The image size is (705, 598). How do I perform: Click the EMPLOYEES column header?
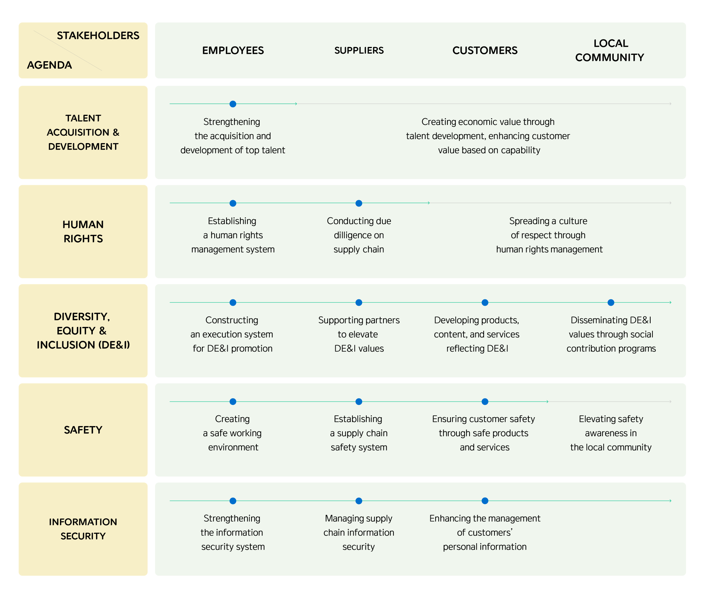pyautogui.click(x=233, y=50)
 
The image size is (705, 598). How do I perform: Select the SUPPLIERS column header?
pyautogui.click(x=359, y=50)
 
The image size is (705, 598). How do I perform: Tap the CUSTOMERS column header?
pyautogui.click(x=485, y=50)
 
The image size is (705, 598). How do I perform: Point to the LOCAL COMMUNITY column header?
pyautogui.click(x=610, y=50)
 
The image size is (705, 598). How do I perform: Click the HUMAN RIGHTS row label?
pyautogui.click(x=83, y=232)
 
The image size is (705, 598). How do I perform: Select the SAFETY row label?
pyautogui.click(x=83, y=430)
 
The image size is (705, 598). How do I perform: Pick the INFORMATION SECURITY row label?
pyautogui.click(x=83, y=529)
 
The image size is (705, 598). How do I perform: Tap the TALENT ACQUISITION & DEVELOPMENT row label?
pyautogui.click(x=83, y=132)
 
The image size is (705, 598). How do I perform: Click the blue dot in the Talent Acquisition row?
pyautogui.click(x=233, y=104)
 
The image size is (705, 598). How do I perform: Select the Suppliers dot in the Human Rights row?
pyautogui.click(x=359, y=203)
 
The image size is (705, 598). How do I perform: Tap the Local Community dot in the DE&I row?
pyautogui.click(x=611, y=302)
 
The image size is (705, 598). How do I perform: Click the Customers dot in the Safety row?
pyautogui.click(x=485, y=402)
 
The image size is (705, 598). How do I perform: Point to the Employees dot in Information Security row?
pyautogui.click(x=233, y=501)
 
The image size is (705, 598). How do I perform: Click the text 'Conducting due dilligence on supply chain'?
pyautogui.click(x=359, y=235)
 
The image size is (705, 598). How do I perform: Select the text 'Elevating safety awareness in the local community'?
pyautogui.click(x=611, y=433)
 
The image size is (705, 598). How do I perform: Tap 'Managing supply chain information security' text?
pyautogui.click(x=359, y=532)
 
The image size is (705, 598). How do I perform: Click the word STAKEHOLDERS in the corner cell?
pyautogui.click(x=98, y=35)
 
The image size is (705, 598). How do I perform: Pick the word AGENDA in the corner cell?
pyautogui.click(x=50, y=65)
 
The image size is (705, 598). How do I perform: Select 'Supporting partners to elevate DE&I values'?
pyautogui.click(x=359, y=334)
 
